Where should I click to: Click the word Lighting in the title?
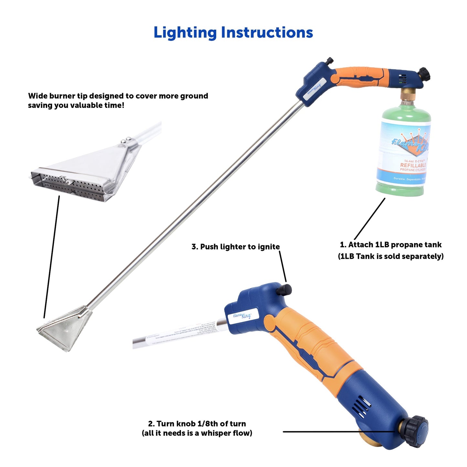(185, 33)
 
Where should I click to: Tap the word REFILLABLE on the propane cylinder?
(413, 165)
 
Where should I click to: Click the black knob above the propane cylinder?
(424, 74)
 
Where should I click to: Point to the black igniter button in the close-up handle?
(284, 290)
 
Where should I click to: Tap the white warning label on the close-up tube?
(181, 335)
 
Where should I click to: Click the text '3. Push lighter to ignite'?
(236, 247)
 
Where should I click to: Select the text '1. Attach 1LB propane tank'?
(390, 245)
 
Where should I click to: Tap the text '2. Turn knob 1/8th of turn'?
(197, 424)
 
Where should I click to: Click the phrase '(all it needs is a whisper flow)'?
(197, 433)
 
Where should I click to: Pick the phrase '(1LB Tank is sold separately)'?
(390, 256)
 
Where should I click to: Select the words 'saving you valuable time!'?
(76, 105)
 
